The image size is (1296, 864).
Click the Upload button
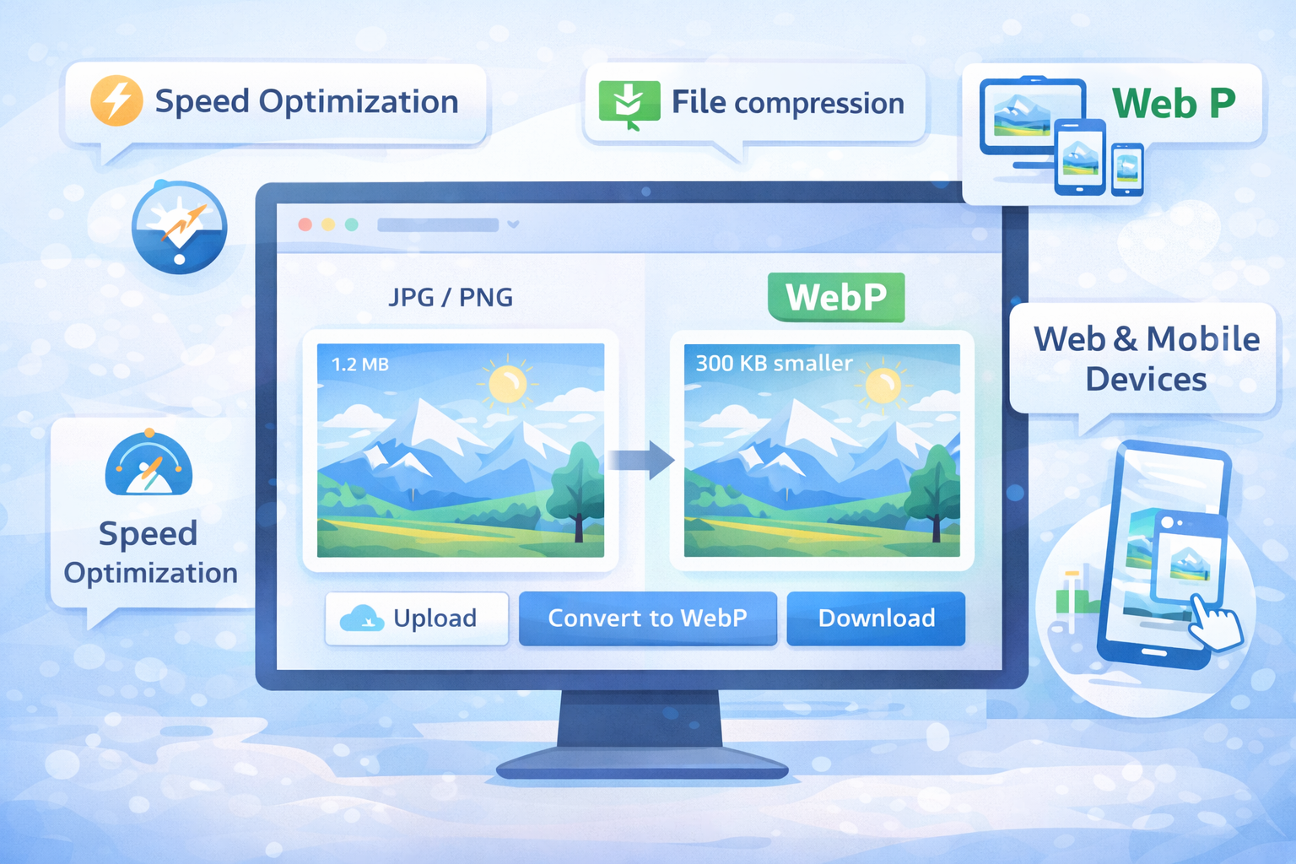click(x=417, y=618)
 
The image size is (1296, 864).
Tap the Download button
click(x=876, y=618)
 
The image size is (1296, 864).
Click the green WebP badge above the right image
click(x=836, y=297)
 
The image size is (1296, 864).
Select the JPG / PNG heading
click(x=451, y=297)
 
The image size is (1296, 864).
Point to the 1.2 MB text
click(x=360, y=364)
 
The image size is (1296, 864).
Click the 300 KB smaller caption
click(x=774, y=364)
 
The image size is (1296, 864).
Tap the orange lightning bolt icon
click(x=116, y=100)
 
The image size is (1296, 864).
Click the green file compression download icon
click(x=629, y=104)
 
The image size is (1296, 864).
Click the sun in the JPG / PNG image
click(x=507, y=385)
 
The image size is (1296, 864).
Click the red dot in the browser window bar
click(x=305, y=224)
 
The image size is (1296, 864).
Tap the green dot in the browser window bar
click(x=352, y=224)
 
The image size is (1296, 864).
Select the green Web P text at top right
click(x=1174, y=104)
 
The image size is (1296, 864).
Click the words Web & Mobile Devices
click(x=1146, y=359)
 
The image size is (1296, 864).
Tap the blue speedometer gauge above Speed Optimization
click(x=148, y=465)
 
